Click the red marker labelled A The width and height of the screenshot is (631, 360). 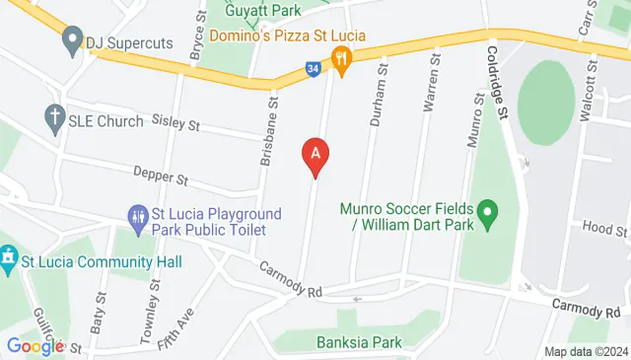(x=315, y=156)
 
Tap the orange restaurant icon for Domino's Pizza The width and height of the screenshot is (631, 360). (x=342, y=59)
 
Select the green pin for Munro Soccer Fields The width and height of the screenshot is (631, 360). (x=486, y=213)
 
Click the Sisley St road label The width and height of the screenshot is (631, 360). (x=176, y=125)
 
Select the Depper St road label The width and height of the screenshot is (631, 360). (x=162, y=179)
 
